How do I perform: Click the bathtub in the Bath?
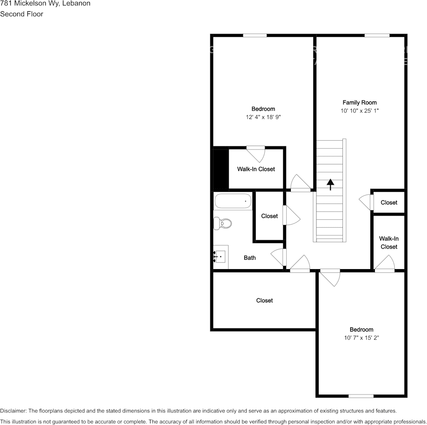(233, 201)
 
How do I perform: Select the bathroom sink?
(220, 257)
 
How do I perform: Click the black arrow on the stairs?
(330, 184)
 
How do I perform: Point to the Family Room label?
(360, 102)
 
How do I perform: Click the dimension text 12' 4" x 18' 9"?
(263, 117)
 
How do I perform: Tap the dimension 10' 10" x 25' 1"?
(360, 111)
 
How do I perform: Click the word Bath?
(250, 257)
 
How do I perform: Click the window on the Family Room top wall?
(377, 35)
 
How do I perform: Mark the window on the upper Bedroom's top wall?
(255, 35)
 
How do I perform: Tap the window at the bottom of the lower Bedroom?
(361, 396)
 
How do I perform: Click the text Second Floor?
(22, 14)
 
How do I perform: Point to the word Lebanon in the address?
(76, 3)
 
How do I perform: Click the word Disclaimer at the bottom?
(13, 411)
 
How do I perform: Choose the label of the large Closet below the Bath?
(264, 300)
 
